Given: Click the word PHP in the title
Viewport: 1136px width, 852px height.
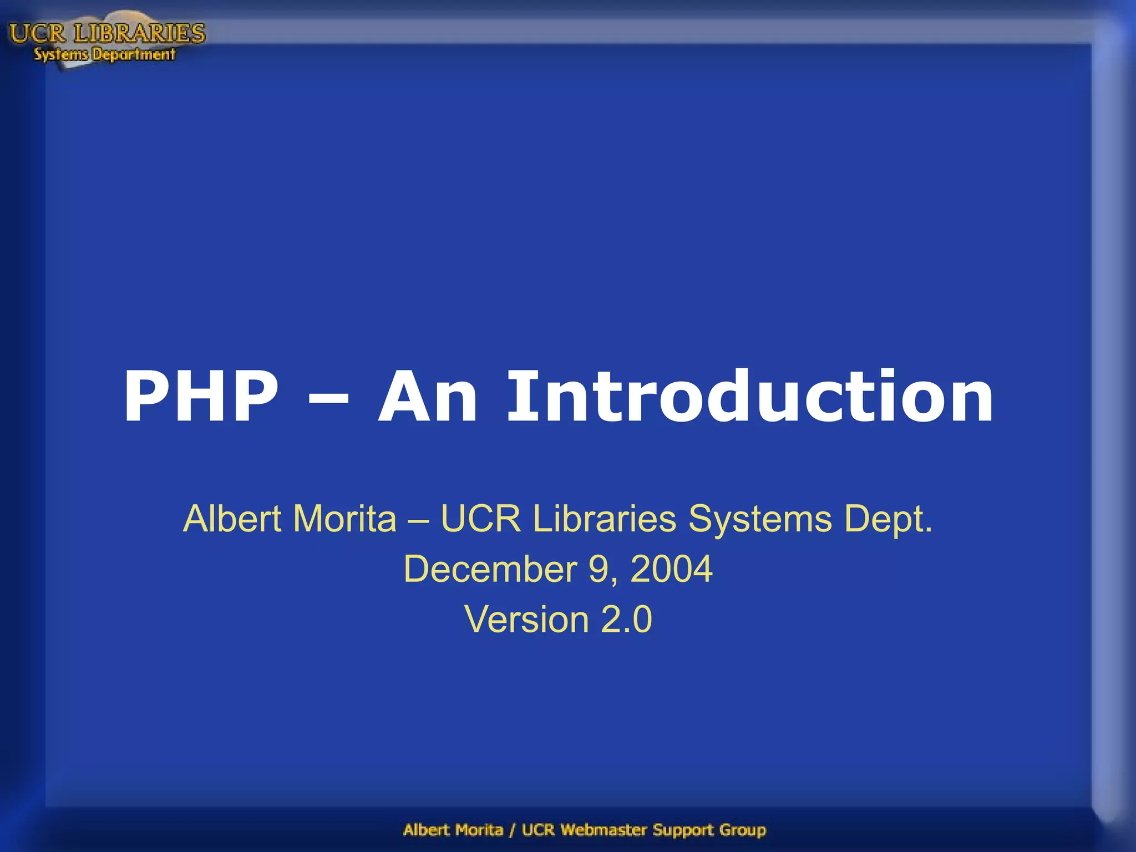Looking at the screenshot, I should [201, 397].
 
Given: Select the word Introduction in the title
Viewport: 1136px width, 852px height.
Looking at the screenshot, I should [750, 397].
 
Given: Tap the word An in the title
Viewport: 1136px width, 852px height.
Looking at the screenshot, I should [428, 397].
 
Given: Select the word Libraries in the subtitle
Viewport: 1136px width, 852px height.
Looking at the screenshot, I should [604, 519].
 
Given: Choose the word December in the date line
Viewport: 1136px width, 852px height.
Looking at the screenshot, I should [490, 570].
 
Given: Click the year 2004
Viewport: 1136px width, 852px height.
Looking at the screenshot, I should [671, 569].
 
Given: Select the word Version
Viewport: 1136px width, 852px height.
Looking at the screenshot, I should [526, 620].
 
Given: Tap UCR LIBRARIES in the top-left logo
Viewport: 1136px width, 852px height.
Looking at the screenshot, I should [107, 33].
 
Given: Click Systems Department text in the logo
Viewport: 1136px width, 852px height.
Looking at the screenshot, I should [104, 54].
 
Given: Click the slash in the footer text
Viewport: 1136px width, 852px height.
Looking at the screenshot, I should [512, 830].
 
